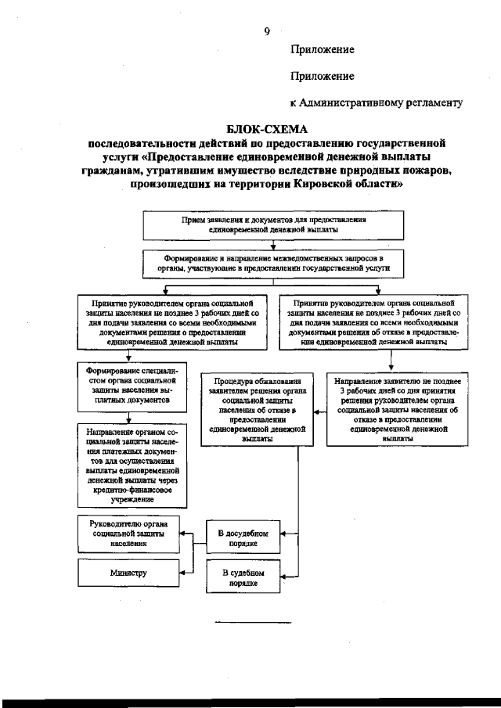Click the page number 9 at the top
pos(267,31)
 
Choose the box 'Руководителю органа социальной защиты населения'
pos(128,534)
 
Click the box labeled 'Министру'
pos(128,573)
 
